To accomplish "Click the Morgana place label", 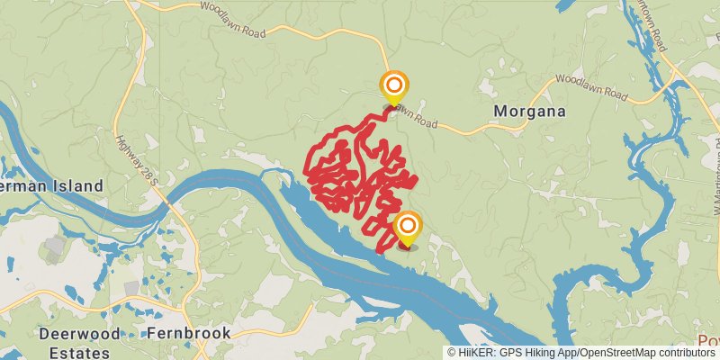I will [530, 112].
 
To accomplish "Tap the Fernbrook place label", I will [188, 333].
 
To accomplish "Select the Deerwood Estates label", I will [76, 342].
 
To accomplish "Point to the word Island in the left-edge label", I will [79, 185].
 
